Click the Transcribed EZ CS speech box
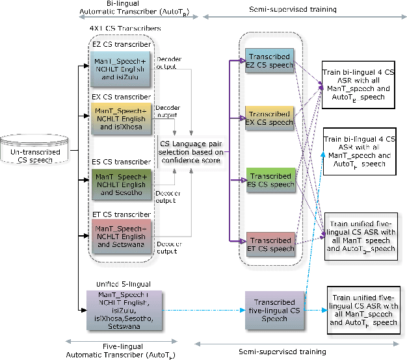point(269,64)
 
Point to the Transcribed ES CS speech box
point(269,180)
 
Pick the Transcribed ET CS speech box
point(269,244)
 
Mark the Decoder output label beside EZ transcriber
point(169,62)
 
